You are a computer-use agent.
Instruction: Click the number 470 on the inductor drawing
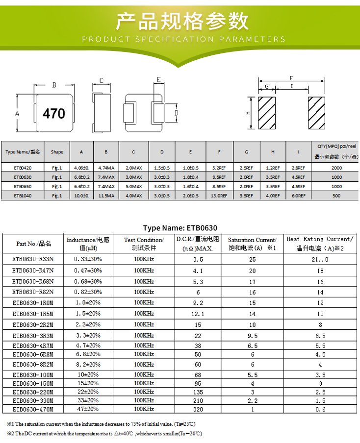54,114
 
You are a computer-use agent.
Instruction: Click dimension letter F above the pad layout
291,78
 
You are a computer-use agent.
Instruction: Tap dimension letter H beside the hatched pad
248,113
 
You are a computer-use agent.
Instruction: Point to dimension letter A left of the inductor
17,114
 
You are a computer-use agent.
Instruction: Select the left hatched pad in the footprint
268,114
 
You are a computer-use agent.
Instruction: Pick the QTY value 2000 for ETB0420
336,168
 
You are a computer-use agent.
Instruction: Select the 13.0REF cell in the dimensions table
219,196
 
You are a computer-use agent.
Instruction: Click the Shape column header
57,152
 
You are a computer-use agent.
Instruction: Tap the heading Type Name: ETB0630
180,228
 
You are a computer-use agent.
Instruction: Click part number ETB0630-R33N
33,258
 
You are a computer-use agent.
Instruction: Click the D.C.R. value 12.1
198,314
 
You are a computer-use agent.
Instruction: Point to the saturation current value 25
252,258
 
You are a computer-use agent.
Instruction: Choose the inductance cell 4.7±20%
88,345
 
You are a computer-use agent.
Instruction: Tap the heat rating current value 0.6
320,409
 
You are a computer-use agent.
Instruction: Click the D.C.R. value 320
198,409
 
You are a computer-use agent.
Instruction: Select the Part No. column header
33,244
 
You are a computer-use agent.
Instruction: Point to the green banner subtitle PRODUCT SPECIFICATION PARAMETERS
183,39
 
